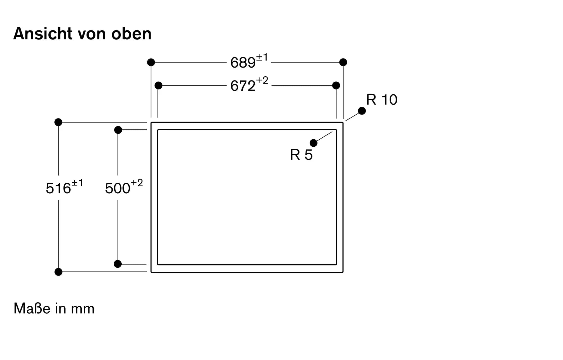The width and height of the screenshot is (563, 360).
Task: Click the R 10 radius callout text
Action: point(382,100)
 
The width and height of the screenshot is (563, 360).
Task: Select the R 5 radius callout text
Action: point(301,155)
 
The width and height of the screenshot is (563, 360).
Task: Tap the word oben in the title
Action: point(131,33)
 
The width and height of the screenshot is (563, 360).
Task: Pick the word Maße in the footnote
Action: point(32,308)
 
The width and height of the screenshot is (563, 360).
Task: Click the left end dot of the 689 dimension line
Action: point(151,62)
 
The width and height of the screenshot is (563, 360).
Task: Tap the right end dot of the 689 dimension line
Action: point(343,62)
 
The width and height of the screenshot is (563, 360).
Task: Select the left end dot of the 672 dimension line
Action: point(158,85)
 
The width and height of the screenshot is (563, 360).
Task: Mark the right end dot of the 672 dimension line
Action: point(336,85)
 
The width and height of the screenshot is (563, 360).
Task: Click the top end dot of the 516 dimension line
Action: point(58,122)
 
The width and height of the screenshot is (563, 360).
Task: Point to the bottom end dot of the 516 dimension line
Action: point(58,272)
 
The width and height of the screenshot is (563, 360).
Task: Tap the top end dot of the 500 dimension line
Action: point(118,130)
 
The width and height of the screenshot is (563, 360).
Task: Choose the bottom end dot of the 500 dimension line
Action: point(118,264)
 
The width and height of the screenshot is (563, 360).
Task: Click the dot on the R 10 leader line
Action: point(362,111)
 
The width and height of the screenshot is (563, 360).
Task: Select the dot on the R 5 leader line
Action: point(313,143)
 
